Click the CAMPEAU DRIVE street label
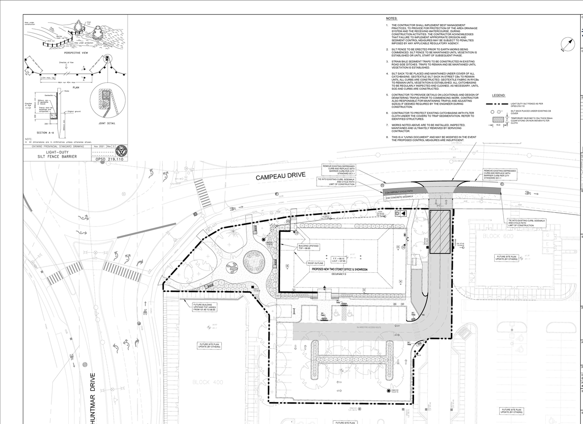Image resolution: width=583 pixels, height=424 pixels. (x=280, y=176)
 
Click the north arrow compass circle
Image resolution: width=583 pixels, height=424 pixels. (x=568, y=45)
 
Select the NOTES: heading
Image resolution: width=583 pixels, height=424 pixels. (x=391, y=18)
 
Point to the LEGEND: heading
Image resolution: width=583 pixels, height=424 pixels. (x=499, y=96)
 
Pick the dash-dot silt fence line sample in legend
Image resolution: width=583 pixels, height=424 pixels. (x=499, y=104)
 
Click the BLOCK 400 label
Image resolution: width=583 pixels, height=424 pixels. (x=207, y=382)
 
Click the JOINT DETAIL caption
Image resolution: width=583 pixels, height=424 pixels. (x=107, y=123)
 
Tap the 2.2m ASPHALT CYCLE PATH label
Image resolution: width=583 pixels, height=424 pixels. (x=399, y=192)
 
